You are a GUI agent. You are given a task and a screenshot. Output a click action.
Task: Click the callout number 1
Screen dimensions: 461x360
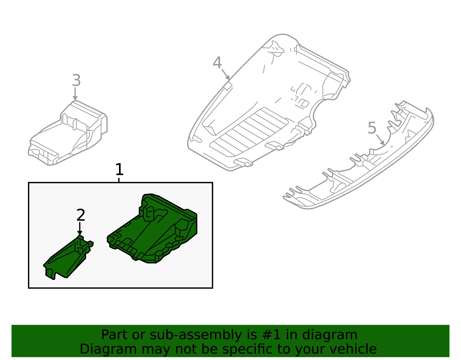pyautogui.click(x=120, y=169)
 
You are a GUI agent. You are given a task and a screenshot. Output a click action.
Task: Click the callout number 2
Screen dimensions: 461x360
pyautogui.click(x=81, y=215)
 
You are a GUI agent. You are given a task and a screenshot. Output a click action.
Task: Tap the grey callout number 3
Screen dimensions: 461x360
pyautogui.click(x=76, y=80)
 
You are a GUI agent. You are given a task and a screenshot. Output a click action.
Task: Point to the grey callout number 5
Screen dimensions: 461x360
pyautogui.click(x=372, y=128)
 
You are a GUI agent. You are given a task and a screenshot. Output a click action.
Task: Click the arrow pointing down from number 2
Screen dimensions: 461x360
pyautogui.click(x=80, y=229)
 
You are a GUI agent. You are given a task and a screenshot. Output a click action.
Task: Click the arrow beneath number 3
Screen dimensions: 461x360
pyautogui.click(x=75, y=94)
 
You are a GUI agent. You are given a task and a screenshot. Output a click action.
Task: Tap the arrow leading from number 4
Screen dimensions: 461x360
pyautogui.click(x=226, y=74)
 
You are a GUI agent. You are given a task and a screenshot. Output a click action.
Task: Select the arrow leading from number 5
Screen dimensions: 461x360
pyautogui.click(x=380, y=140)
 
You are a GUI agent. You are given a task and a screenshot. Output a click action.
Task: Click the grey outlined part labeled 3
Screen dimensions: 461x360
pyautogui.click(x=68, y=133)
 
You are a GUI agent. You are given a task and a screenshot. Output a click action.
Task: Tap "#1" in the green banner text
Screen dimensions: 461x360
pyautogui.click(x=271, y=334)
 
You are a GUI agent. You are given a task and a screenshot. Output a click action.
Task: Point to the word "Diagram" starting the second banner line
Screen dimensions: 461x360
pyautogui.click(x=108, y=349)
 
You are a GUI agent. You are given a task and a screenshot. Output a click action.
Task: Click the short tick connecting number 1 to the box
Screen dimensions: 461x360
pyautogui.click(x=119, y=180)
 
